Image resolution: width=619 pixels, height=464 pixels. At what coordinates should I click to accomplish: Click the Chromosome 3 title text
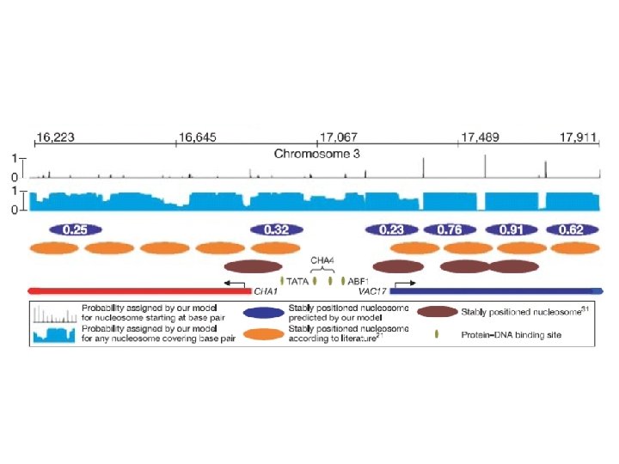316,155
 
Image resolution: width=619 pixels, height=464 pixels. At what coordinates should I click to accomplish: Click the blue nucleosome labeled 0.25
76,229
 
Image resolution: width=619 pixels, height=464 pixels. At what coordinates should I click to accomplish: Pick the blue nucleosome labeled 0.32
276,229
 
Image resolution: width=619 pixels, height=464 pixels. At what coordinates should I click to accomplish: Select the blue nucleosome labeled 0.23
391,229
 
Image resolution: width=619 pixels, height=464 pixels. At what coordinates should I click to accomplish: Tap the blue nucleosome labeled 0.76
450,229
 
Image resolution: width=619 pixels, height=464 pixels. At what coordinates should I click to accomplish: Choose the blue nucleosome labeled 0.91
512,229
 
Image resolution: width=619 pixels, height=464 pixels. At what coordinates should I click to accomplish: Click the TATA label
297,281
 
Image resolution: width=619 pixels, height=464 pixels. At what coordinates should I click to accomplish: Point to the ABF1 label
359,281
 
